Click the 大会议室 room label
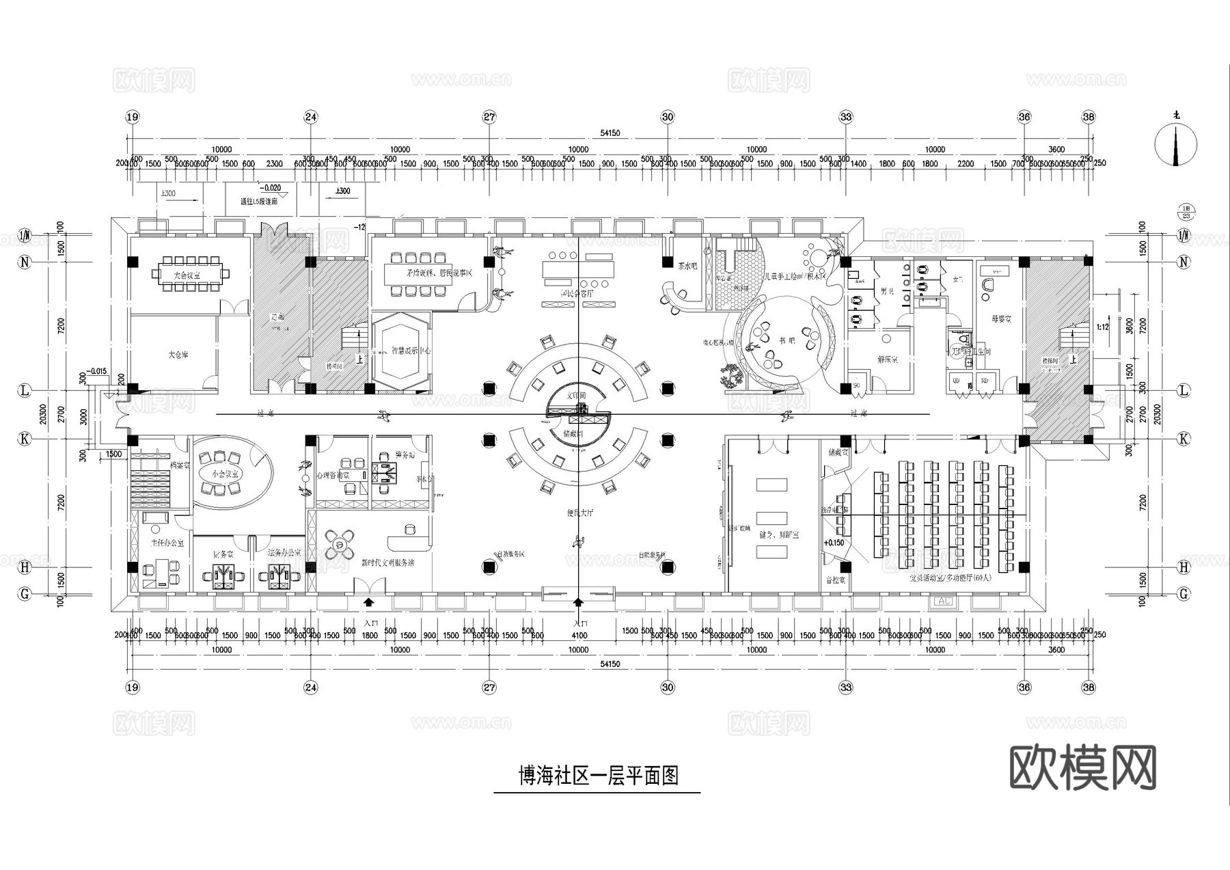click(177, 275)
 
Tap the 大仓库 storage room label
click(178, 355)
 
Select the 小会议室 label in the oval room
click(225, 473)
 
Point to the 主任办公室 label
click(167, 543)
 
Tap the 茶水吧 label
click(687, 266)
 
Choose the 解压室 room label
click(887, 359)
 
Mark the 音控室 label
click(836, 580)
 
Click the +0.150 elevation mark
click(834, 543)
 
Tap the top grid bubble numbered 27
click(489, 117)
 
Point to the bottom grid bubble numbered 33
click(846, 687)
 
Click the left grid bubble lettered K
click(25, 439)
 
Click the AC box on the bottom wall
click(943, 601)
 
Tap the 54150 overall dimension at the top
click(610, 133)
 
